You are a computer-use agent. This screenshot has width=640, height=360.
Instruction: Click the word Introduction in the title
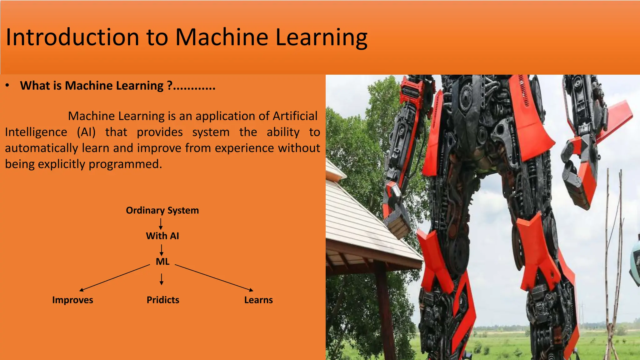[72, 37]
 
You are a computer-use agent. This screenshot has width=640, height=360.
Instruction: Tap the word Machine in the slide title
[221, 37]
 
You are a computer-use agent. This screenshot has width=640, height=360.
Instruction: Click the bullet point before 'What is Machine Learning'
[8, 85]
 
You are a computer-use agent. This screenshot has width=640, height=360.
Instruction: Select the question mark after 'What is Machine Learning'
[170, 85]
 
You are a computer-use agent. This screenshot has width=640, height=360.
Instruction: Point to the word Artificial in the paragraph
[295, 116]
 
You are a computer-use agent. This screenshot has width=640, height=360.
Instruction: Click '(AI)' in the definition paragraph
[86, 132]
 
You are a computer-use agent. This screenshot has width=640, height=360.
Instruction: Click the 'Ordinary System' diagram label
[162, 210]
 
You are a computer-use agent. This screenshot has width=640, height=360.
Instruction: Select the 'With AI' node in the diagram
[162, 236]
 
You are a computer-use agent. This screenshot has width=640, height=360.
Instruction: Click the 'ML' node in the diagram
[162, 262]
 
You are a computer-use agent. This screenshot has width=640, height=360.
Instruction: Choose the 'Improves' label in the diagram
[72, 300]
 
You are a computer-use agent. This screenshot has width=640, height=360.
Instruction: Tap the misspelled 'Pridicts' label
[163, 300]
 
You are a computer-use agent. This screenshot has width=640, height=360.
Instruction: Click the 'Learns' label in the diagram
[258, 300]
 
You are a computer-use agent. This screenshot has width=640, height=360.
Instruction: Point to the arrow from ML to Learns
[214, 278]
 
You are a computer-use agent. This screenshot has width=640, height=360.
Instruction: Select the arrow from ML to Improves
[115, 277]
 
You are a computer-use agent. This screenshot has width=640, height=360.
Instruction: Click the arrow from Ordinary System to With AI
[161, 224]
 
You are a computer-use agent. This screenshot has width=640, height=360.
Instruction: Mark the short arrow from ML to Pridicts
[161, 279]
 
